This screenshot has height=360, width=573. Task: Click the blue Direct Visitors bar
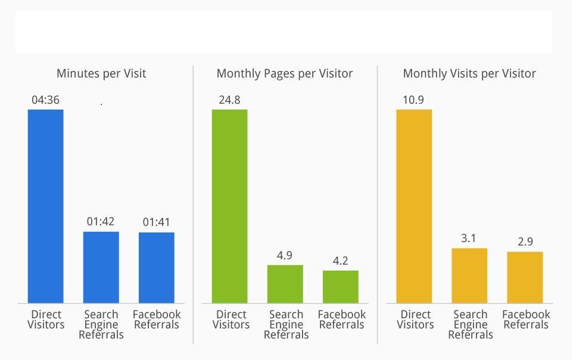coord(45,206)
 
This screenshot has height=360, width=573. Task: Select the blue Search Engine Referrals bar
coord(101,267)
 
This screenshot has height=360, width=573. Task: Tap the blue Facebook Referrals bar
coord(157,268)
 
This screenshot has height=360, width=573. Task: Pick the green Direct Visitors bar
coord(229,206)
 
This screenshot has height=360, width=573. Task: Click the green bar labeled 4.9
coord(285,284)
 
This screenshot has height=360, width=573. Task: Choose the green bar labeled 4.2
coord(341,287)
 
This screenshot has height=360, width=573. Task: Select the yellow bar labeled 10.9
coord(414,206)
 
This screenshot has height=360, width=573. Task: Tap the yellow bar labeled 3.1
coord(469,275)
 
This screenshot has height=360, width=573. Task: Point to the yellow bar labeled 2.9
coord(525,277)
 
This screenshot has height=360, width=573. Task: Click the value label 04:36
coord(45,100)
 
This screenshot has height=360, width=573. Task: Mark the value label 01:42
coord(101,222)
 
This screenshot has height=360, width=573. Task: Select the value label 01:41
coord(157,222)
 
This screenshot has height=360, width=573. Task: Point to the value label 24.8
coord(229,100)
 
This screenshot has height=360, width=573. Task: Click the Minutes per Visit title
coord(101,74)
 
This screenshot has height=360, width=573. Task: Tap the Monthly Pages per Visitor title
coord(285,74)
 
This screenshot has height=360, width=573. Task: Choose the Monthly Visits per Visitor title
coord(469,74)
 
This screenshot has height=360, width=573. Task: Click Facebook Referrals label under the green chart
coord(342,319)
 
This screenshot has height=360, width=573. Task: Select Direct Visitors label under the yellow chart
coord(415,319)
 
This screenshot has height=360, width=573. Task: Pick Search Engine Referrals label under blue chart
coord(101,324)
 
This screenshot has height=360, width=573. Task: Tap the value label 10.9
coord(413,100)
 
